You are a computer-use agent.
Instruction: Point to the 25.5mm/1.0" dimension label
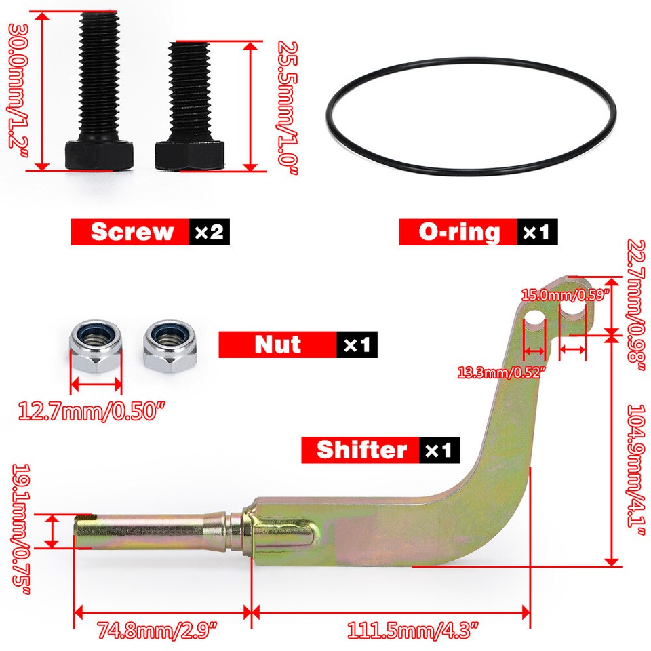pyautogui.click(x=288, y=108)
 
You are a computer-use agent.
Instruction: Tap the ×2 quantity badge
pyautogui.click(x=209, y=232)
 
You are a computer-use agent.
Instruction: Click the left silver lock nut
pyautogui.click(x=96, y=346)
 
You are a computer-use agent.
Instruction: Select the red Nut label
pyautogui.click(x=278, y=344)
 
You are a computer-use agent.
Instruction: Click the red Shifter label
pyautogui.click(x=362, y=450)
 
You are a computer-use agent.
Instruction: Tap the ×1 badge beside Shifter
pyautogui.click(x=439, y=450)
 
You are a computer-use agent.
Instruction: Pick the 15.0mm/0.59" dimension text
pyautogui.click(x=565, y=295)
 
